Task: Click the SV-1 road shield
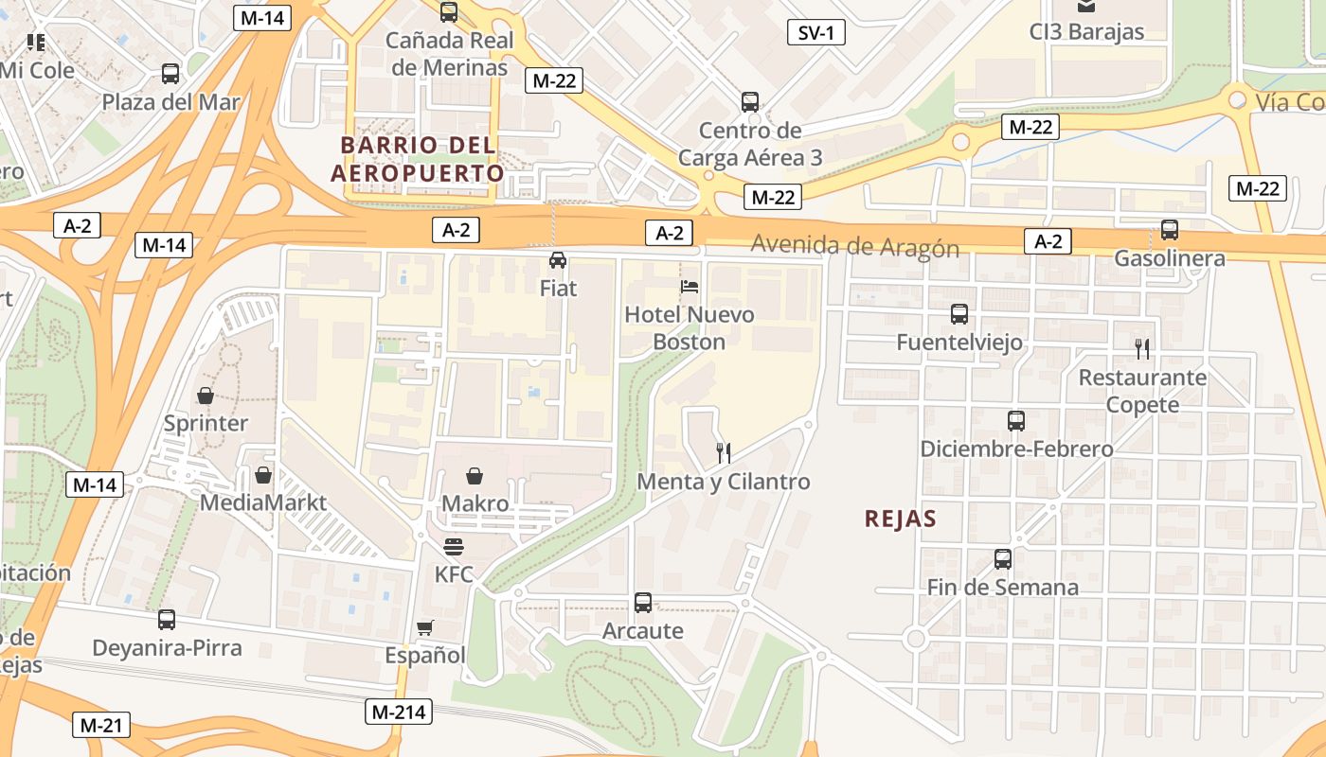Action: (815, 33)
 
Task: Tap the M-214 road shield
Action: (399, 712)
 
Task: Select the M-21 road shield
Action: (100, 726)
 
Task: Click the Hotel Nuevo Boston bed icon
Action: (690, 286)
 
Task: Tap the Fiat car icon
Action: (558, 259)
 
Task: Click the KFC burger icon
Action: (454, 547)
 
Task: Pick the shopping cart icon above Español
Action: (425, 627)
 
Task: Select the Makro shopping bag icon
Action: (475, 476)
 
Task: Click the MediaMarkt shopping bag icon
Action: (263, 475)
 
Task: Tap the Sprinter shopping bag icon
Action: (205, 396)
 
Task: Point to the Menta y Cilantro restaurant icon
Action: (724, 453)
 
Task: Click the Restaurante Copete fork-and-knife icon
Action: (1142, 349)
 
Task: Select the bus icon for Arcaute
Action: (642, 602)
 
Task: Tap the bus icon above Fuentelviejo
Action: (959, 314)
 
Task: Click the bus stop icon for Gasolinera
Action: (1170, 230)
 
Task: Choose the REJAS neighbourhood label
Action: (900, 519)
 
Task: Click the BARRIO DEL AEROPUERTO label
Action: (417, 159)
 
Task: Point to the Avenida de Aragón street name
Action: (854, 247)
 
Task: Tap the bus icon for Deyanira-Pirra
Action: (167, 620)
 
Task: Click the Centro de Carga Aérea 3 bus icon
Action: (750, 102)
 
